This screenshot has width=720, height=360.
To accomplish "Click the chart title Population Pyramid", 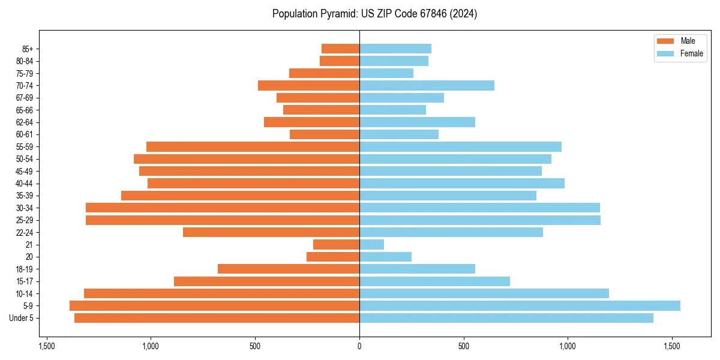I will pos(374,14).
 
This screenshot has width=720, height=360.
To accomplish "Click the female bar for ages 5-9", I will pos(520,306).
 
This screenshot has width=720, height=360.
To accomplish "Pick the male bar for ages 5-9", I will pos(214,306).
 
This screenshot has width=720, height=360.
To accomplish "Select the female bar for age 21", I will pos(371,245).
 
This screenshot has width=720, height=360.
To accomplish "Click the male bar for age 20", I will pos(333,257).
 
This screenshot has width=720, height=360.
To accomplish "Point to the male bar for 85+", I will pos(340,49).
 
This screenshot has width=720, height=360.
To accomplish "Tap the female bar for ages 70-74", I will pos(427,86).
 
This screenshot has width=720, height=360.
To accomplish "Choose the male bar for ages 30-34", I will pos(223,208).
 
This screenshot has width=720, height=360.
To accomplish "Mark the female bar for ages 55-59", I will pos(460,147).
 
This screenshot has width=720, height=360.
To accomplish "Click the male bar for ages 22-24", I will pos(271,232).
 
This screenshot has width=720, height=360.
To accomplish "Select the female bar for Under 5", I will pos(506,318).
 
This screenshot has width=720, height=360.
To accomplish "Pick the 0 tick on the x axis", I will pos(359,346).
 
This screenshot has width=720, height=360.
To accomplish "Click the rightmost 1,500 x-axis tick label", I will pos(671,346).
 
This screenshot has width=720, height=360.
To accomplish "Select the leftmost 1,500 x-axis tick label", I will pos(47,346).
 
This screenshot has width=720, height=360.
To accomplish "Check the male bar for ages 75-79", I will pos(324,73).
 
